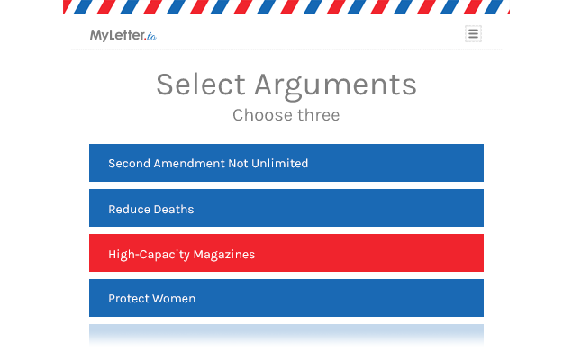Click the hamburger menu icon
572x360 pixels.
(x=473, y=34)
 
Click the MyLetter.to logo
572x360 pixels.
(x=123, y=35)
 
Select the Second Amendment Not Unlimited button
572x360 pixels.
(x=286, y=163)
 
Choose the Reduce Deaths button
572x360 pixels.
(x=286, y=208)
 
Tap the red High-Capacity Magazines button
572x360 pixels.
(x=286, y=253)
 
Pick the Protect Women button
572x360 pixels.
(x=286, y=298)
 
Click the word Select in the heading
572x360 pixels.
(x=201, y=85)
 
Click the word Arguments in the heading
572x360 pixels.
(x=336, y=86)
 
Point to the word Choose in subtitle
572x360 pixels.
(x=262, y=115)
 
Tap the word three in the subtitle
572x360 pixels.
(x=319, y=115)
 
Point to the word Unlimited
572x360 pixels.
(x=280, y=163)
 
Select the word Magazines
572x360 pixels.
(x=224, y=255)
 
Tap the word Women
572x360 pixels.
(x=174, y=299)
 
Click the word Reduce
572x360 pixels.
(x=129, y=209)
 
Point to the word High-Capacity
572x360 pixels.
(x=149, y=255)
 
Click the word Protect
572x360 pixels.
(x=128, y=299)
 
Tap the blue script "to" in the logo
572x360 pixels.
(x=151, y=36)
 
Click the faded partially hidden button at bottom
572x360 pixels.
(x=286, y=334)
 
